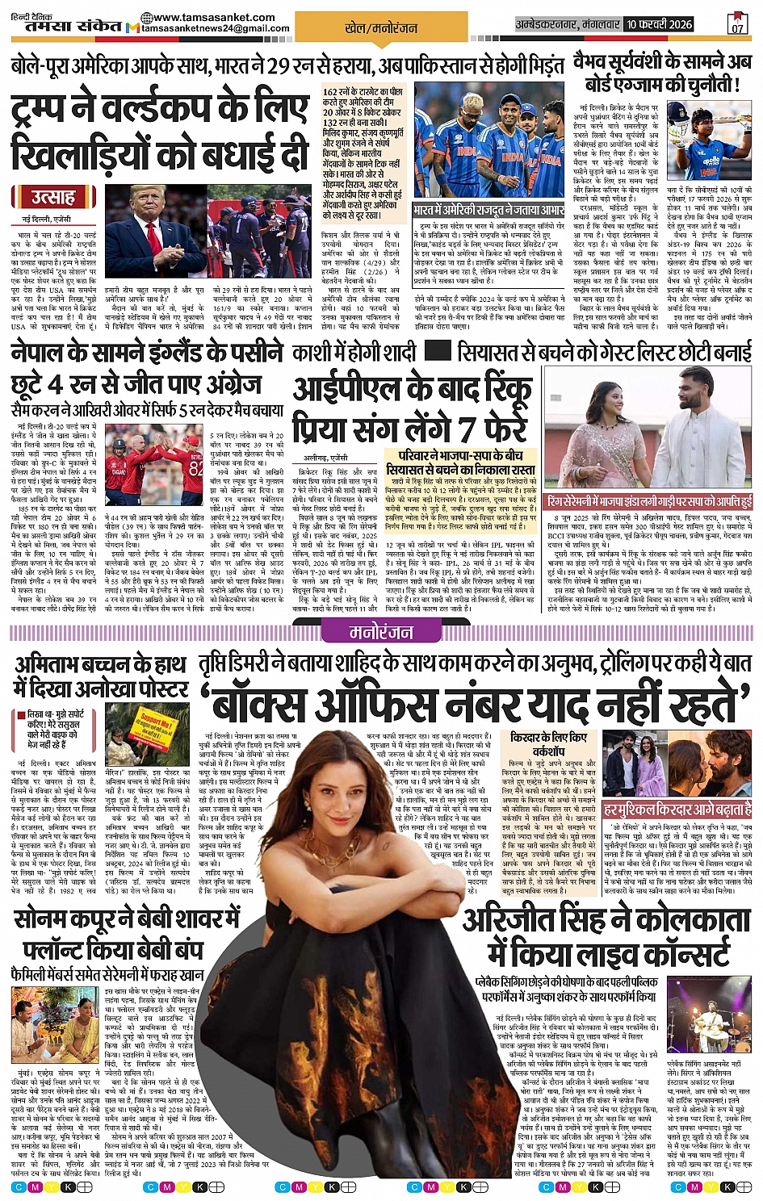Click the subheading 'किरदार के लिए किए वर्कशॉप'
(x=548, y=744)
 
